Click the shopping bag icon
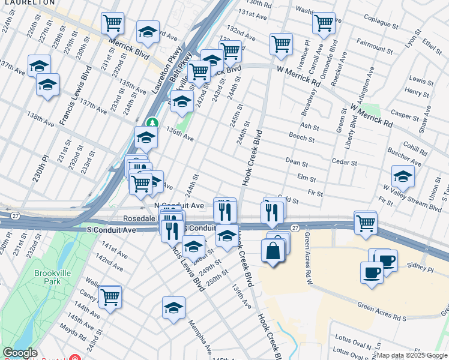tap(273, 251)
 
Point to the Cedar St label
tap(345, 163)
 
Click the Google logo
tap(20, 353)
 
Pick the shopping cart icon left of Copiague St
tap(324, 23)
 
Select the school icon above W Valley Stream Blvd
tap(402, 176)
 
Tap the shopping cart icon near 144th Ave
tap(110, 296)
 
